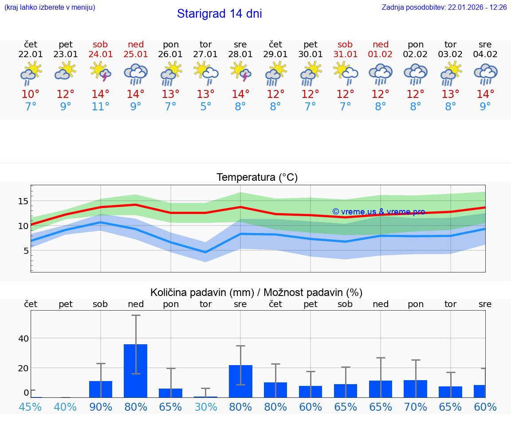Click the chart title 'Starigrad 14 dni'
[x=219, y=14]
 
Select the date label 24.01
[x=101, y=54]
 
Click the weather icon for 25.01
[x=136, y=74]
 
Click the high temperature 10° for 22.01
[x=31, y=94]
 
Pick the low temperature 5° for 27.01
[x=205, y=107]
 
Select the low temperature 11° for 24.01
[x=101, y=107]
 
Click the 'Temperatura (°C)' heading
[x=257, y=178]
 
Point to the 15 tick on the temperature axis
[x=23, y=201]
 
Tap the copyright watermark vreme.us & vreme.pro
[x=378, y=212]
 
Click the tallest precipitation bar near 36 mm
[x=136, y=370]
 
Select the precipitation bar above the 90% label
[x=101, y=389]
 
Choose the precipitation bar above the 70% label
[x=416, y=389]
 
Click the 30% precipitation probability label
[x=205, y=407]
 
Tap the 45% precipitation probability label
[x=31, y=407]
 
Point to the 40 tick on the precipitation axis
[x=23, y=339]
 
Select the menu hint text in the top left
[x=50, y=8]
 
